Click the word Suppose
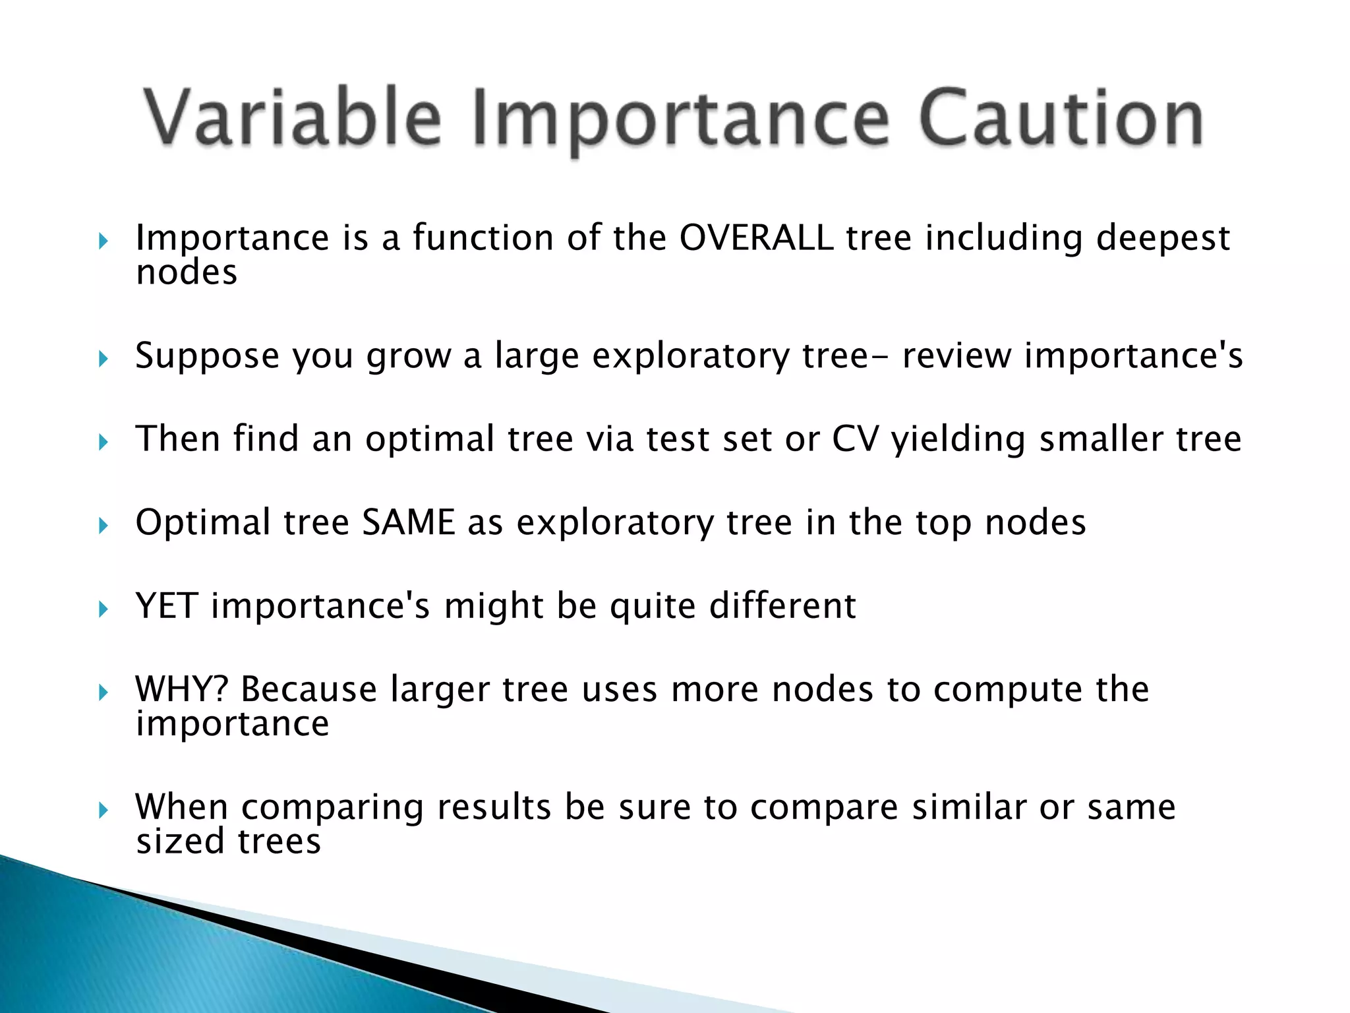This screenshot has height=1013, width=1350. [207, 357]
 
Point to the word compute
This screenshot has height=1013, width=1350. [1008, 690]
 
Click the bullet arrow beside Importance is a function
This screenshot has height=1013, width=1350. [103, 241]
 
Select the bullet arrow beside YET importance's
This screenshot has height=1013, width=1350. [103, 609]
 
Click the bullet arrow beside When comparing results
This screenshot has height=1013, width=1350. [103, 810]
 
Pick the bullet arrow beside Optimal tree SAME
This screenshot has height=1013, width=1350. [103, 526]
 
